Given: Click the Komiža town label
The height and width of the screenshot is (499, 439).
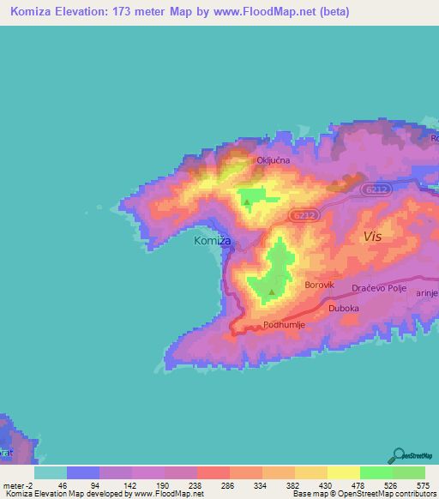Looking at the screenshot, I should [213, 242].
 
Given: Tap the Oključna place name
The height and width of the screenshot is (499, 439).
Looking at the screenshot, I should [273, 160].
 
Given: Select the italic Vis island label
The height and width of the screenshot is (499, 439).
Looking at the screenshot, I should [373, 236].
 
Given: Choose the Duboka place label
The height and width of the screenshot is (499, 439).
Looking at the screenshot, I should [342, 308].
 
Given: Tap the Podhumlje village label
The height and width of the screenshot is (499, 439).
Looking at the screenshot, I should [284, 325].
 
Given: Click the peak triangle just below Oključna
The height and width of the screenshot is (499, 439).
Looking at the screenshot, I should [247, 203].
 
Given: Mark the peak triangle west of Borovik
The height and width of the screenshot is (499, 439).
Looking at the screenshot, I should [272, 292].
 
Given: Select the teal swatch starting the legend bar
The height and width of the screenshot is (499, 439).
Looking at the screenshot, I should [51, 472].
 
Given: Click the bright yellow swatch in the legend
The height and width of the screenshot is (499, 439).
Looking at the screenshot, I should [344, 472].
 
